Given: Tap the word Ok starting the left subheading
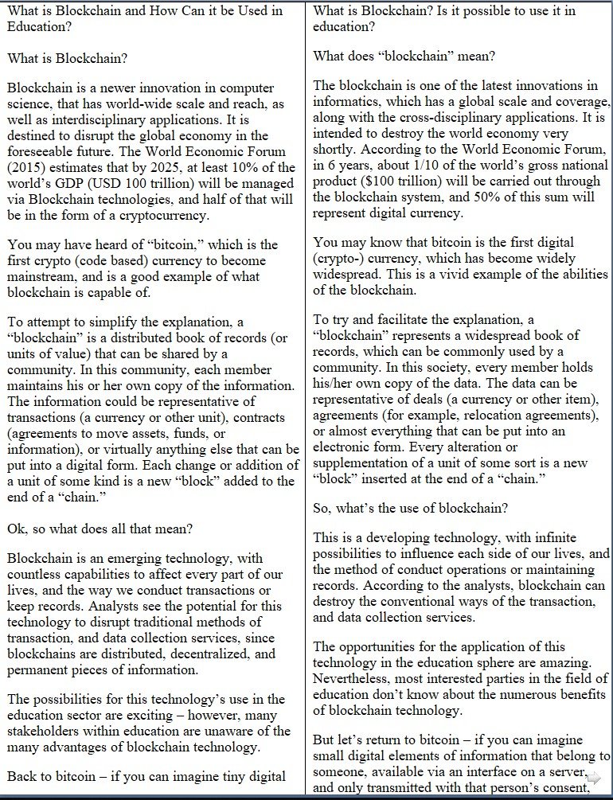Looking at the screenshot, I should click(x=15, y=528).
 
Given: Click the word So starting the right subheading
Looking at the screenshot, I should click(x=321, y=507).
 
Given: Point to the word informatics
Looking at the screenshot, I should click(x=346, y=101).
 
